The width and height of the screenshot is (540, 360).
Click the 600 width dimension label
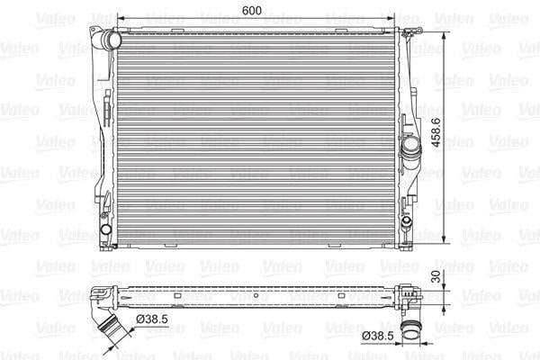[x=252, y=10]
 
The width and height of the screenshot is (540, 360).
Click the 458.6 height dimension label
[x=436, y=132]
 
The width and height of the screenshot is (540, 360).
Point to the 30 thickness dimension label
[x=436, y=276]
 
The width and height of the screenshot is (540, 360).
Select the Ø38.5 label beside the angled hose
[x=152, y=319]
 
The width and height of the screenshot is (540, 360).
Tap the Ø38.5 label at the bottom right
[x=377, y=336]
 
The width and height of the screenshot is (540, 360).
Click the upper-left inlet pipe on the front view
[x=111, y=40]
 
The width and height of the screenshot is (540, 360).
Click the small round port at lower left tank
[x=105, y=229]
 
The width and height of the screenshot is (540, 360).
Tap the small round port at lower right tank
[x=407, y=220]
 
